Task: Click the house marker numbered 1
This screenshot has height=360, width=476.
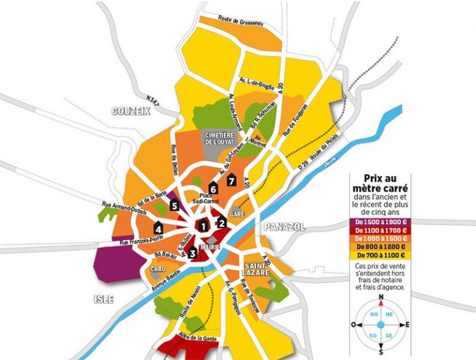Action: (203, 226)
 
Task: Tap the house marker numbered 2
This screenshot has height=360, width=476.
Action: (221, 223)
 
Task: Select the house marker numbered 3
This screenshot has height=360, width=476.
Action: (193, 252)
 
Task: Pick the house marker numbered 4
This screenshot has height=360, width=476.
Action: (159, 226)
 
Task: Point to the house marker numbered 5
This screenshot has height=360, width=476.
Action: (175, 206)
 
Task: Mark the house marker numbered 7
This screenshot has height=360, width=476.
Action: (232, 180)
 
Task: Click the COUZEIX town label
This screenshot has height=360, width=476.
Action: (131, 111)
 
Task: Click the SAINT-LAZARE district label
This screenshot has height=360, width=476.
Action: (256, 261)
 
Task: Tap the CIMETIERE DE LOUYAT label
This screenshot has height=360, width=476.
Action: (223, 136)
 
